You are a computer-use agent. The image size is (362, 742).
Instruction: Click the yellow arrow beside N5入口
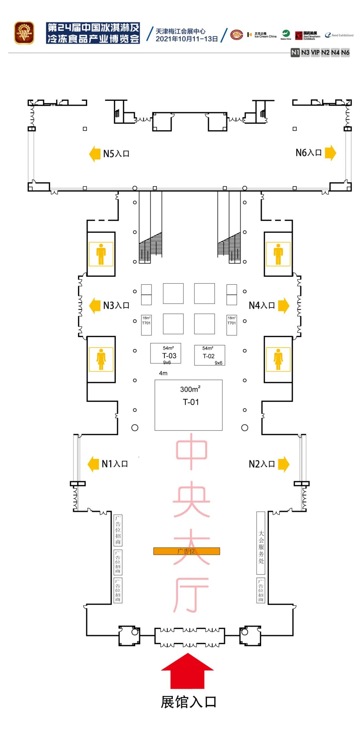coord(95,154)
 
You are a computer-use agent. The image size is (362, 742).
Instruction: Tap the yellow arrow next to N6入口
coord(330,153)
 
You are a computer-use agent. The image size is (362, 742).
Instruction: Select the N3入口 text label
coord(116,306)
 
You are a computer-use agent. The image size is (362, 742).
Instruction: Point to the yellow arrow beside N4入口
coord(283,306)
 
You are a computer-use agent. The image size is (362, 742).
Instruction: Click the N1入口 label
coord(115,464)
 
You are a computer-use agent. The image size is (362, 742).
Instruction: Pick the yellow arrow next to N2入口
coord(283,464)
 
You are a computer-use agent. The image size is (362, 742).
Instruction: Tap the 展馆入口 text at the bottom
coord(188,702)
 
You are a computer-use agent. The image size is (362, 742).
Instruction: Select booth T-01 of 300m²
coord(188,405)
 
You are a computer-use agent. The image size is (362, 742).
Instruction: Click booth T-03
coord(166,353)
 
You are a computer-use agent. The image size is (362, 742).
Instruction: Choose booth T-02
coord(209,355)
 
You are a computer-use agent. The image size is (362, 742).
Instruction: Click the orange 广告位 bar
coord(187,551)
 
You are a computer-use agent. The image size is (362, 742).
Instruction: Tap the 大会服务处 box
coord(261,546)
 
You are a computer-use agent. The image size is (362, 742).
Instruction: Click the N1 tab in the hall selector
coord(295,53)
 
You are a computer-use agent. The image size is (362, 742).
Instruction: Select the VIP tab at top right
coord(315,53)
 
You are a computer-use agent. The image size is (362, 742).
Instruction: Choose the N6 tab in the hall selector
coord(345,53)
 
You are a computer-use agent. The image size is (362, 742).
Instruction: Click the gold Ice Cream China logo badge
coord(24,33)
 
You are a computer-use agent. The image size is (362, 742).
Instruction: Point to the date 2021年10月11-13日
coord(187,39)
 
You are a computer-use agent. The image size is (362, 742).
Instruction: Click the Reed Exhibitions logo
coord(339,35)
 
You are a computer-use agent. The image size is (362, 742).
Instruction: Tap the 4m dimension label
coord(163,373)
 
